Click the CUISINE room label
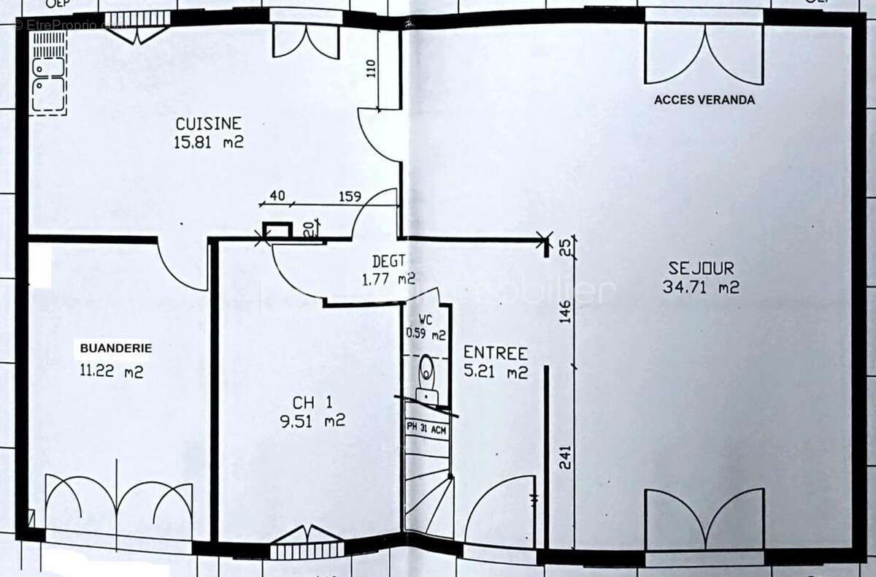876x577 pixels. click(x=207, y=123)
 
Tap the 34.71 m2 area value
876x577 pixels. click(x=701, y=287)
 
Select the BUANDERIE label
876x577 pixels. click(x=116, y=348)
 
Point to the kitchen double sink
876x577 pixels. click(x=48, y=77)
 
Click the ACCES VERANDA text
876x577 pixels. click(x=704, y=100)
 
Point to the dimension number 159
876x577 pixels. click(x=350, y=196)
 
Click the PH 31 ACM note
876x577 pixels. click(x=427, y=429)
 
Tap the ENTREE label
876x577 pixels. click(x=496, y=354)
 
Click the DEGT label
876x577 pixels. click(x=388, y=260)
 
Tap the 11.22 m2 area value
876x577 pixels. click(x=111, y=371)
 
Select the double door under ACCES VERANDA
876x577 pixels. click(x=704, y=55)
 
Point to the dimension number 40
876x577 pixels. click(x=277, y=196)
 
